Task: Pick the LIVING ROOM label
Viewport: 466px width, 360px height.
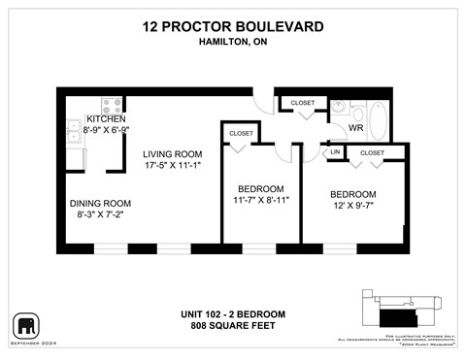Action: click(x=172, y=153)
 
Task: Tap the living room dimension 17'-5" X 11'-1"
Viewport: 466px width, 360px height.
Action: click(x=172, y=167)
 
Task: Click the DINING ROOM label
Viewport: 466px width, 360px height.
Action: click(x=100, y=204)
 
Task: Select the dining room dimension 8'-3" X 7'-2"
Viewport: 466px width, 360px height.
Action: click(x=100, y=216)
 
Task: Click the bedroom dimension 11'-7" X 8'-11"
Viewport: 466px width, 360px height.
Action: click(x=261, y=200)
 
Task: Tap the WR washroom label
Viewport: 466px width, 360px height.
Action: click(x=356, y=127)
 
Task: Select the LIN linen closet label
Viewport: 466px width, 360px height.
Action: click(x=335, y=152)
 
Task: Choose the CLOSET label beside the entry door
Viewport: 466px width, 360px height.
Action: click(x=303, y=102)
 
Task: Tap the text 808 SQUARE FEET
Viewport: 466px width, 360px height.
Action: click(x=233, y=325)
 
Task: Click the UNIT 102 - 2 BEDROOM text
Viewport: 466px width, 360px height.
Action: click(x=233, y=312)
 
